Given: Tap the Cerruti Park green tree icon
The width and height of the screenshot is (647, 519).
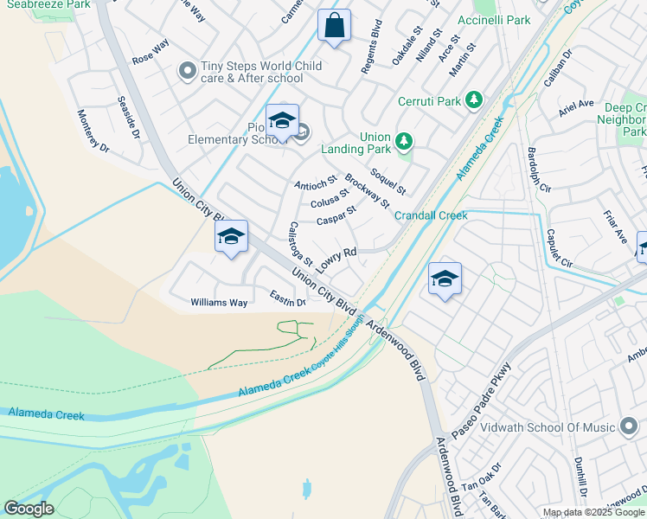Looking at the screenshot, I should (x=473, y=100).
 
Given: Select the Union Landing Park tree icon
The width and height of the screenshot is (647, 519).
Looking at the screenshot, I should (x=402, y=140).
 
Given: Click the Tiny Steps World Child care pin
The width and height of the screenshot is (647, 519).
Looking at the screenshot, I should (x=187, y=72).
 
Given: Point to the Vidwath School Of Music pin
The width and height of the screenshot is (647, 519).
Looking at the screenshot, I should (x=631, y=427).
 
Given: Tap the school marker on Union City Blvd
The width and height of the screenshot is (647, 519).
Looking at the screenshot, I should (x=231, y=237).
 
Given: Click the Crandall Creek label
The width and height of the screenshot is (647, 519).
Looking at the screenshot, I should (x=431, y=215).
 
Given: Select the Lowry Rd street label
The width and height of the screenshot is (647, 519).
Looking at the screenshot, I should (x=336, y=259).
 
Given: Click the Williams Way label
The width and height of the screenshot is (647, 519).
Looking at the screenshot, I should (x=219, y=303).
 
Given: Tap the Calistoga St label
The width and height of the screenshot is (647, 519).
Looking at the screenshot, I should (x=299, y=244).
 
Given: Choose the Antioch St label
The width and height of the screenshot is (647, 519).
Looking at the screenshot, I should (x=315, y=184).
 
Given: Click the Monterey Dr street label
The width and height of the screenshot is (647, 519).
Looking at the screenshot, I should (x=93, y=131).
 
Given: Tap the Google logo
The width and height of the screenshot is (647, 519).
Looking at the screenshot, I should (x=29, y=509).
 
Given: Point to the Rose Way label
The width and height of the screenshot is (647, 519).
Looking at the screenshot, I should (x=150, y=51).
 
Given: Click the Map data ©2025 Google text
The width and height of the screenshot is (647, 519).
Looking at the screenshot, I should (x=593, y=512).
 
